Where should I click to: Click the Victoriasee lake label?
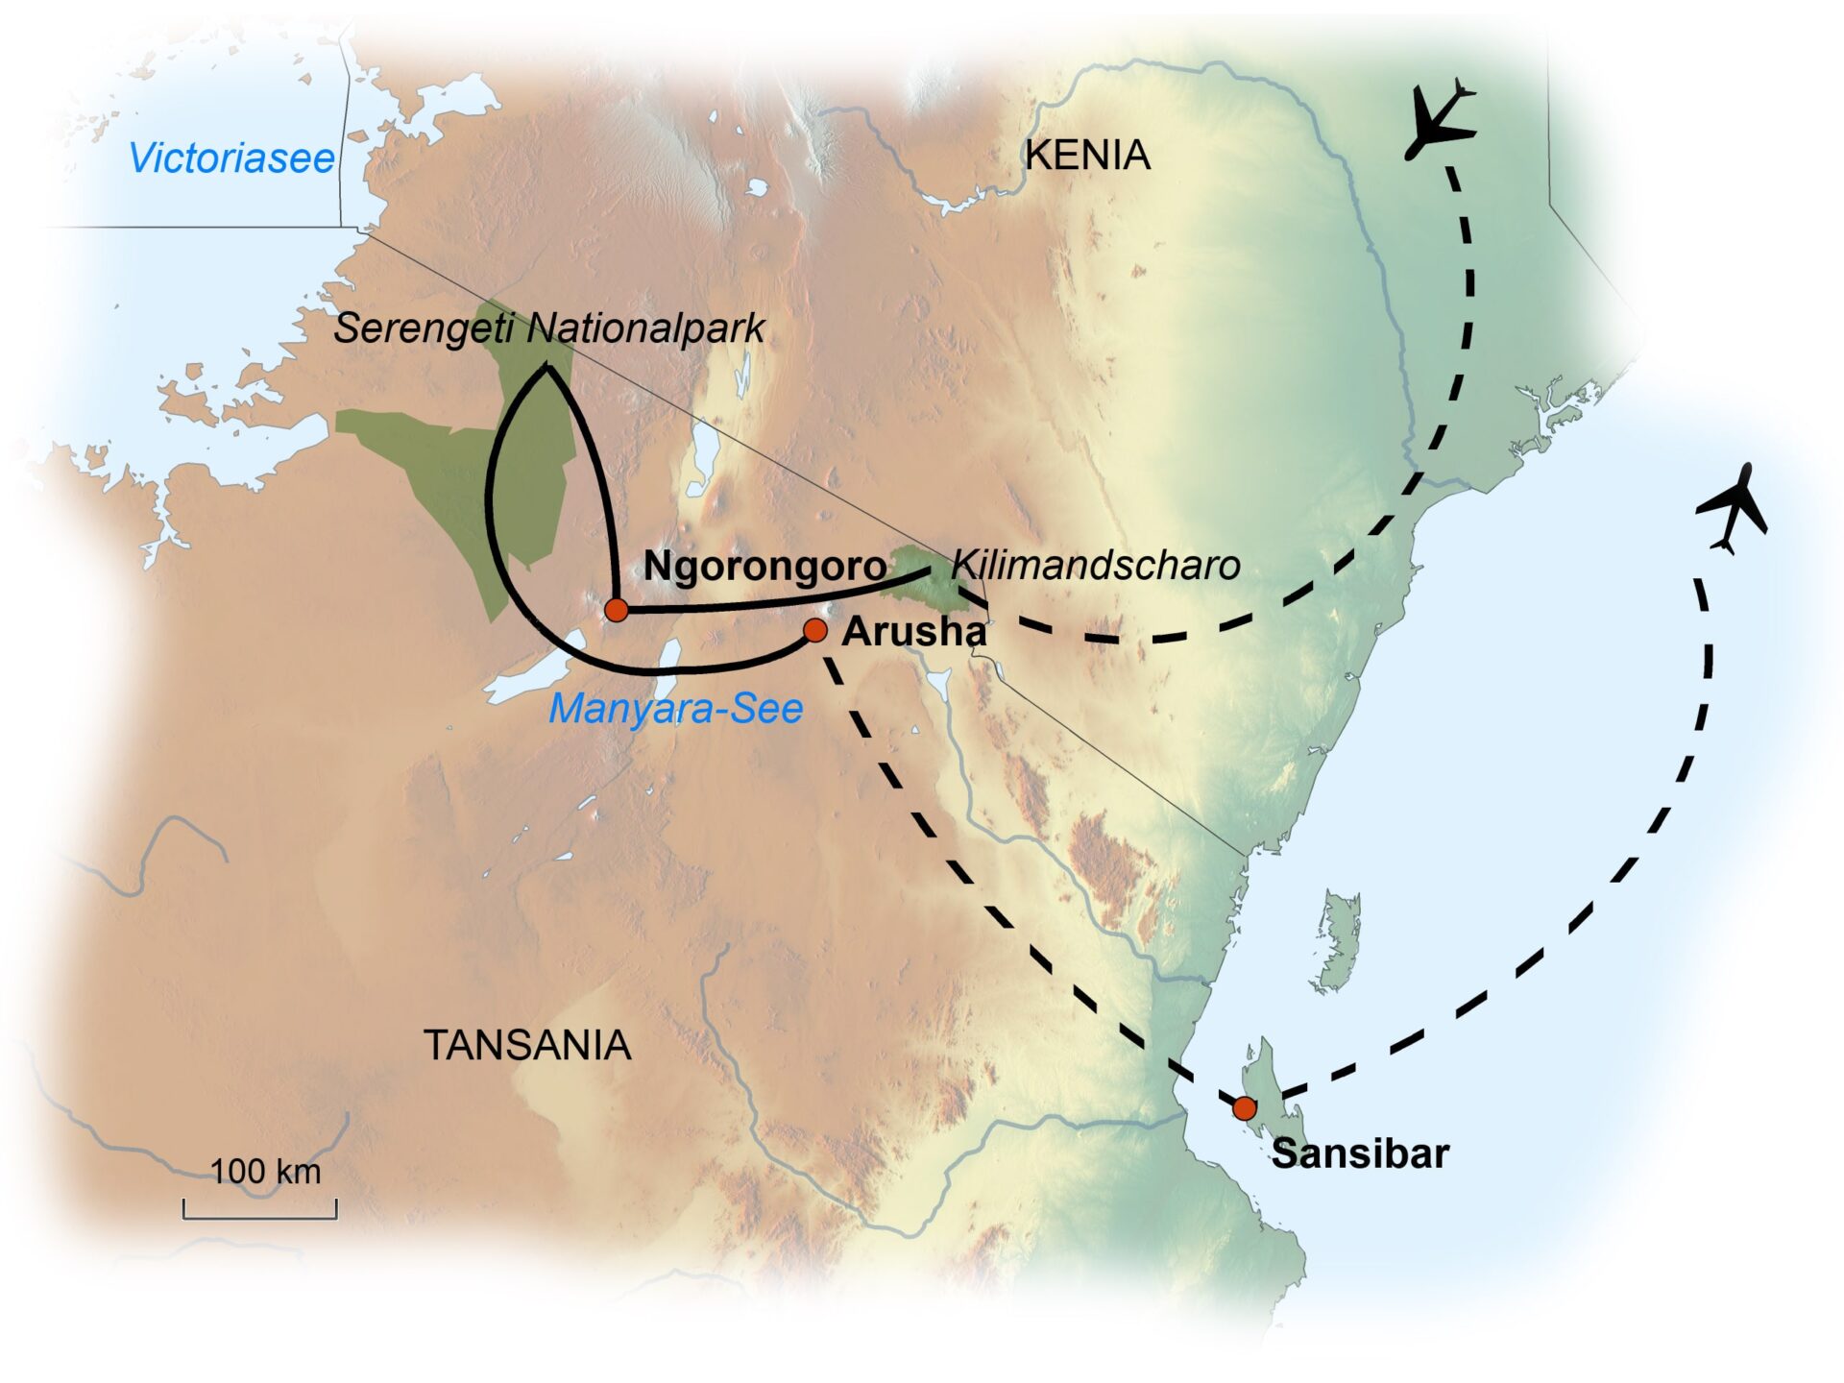(231, 158)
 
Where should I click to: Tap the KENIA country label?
(1087, 155)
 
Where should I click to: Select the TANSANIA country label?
(527, 1045)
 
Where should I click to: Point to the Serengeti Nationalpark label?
(548, 328)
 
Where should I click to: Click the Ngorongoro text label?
(764, 566)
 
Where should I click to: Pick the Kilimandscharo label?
(1095, 566)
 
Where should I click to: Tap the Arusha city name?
(913, 632)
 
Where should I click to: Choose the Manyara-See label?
(675, 709)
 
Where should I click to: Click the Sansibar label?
(1359, 1153)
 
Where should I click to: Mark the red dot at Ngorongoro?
(616, 609)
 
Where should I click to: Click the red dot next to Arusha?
(814, 630)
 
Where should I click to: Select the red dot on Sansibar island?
(1244, 1108)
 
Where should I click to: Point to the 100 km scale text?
(265, 1172)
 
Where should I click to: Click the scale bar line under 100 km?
(260, 1217)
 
